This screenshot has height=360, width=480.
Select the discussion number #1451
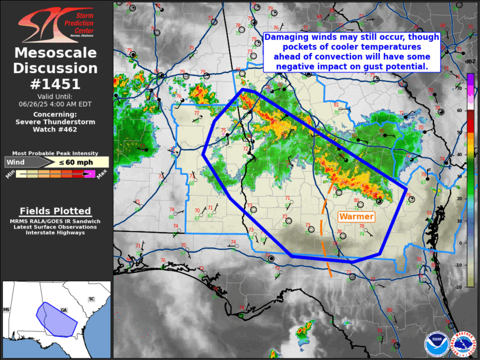(56, 83)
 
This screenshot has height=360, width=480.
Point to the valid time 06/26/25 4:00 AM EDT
(57, 103)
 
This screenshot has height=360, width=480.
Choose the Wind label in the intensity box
(17, 163)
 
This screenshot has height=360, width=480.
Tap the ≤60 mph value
(75, 163)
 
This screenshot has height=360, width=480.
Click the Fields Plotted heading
(55, 211)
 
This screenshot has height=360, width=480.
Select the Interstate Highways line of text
(55, 233)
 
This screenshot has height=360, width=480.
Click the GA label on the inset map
(64, 310)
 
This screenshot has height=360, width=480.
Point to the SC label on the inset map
(91, 299)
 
